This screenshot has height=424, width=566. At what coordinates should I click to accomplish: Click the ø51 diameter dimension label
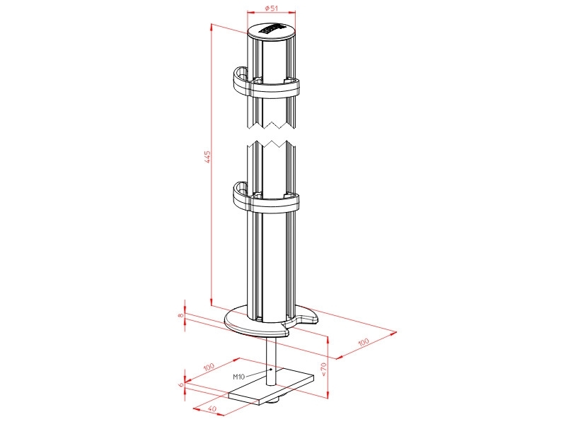tap(272, 8)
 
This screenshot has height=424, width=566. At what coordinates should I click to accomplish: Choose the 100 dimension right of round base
tap(364, 342)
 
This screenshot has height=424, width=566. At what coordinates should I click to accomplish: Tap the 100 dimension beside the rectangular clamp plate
tap(209, 367)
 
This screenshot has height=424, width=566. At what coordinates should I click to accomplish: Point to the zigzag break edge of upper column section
tap(271, 125)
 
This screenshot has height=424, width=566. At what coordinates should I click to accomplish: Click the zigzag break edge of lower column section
tap(271, 145)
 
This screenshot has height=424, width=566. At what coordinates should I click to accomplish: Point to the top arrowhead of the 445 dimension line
tap(212, 26)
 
